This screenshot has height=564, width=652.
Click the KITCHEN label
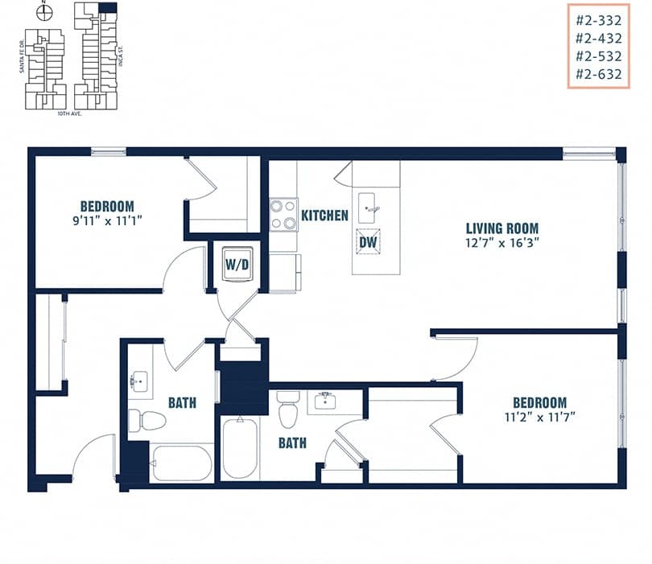pos(324,216)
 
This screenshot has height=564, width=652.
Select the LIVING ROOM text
pos(502,228)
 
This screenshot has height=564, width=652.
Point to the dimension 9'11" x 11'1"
pos(107,219)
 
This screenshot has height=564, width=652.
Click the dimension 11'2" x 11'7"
pos(536,416)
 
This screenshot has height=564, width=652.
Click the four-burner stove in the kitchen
pos(283,215)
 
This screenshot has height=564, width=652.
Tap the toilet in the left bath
pos(146,419)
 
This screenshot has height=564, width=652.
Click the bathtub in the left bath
pos(182,463)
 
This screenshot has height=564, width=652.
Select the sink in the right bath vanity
pos(325,401)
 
